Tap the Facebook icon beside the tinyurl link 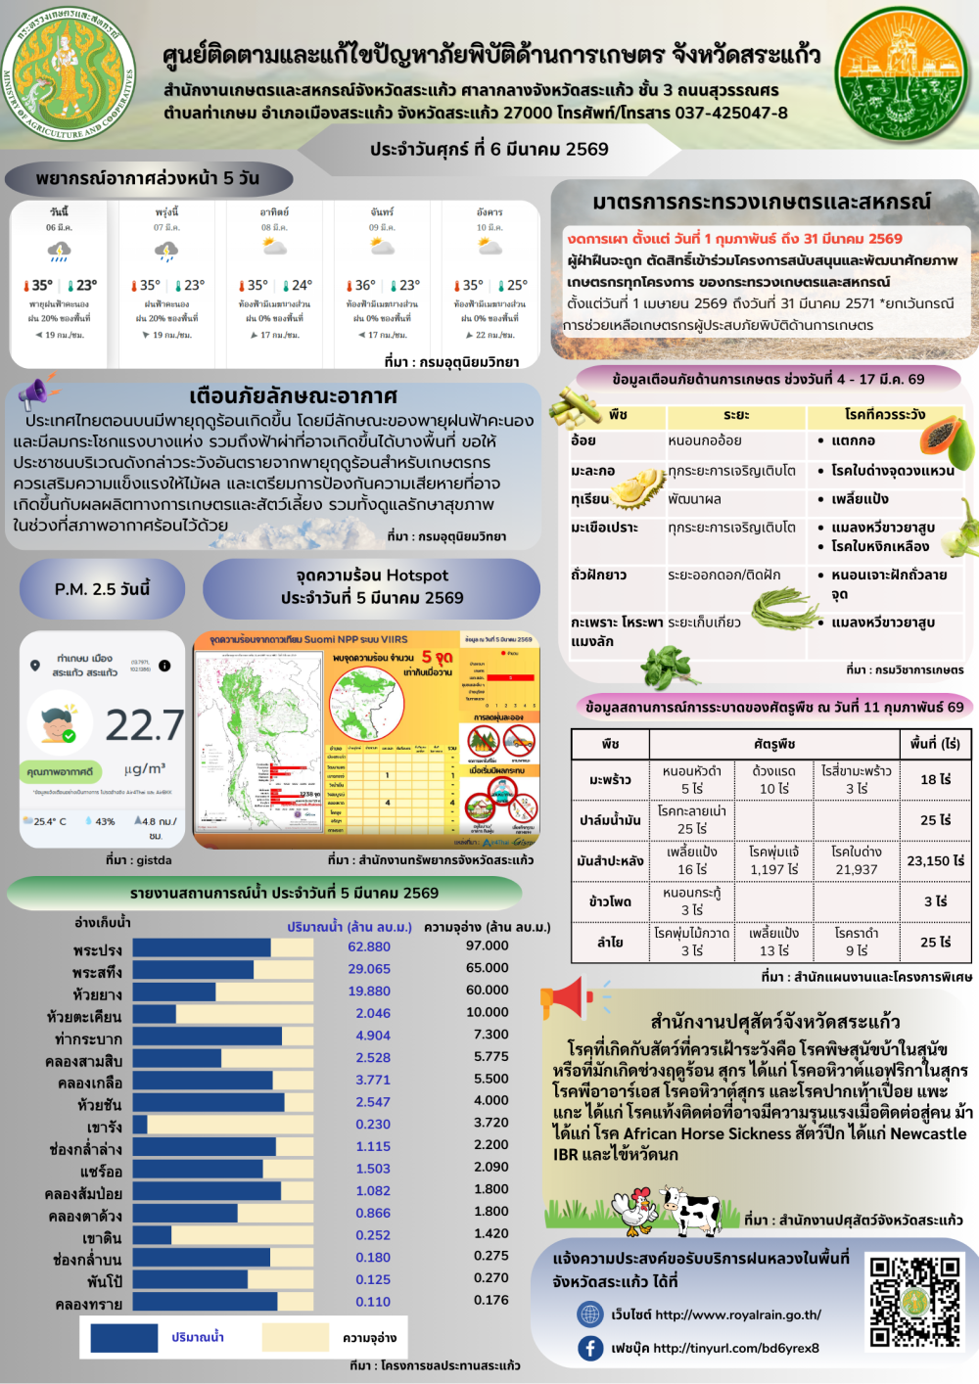tap(590, 1348)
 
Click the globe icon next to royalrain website tap(590, 1314)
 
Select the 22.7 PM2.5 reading tap(144, 725)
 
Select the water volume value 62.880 tap(369, 946)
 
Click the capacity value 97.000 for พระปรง tap(488, 946)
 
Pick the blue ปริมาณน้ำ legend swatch tap(124, 1337)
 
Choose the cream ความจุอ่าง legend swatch tap(296, 1337)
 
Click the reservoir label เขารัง tap(105, 1127)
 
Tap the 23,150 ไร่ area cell tap(935, 860)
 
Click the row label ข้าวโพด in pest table tap(611, 900)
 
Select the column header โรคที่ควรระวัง tap(884, 414)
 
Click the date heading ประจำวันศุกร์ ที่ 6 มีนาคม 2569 tap(489, 149)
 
